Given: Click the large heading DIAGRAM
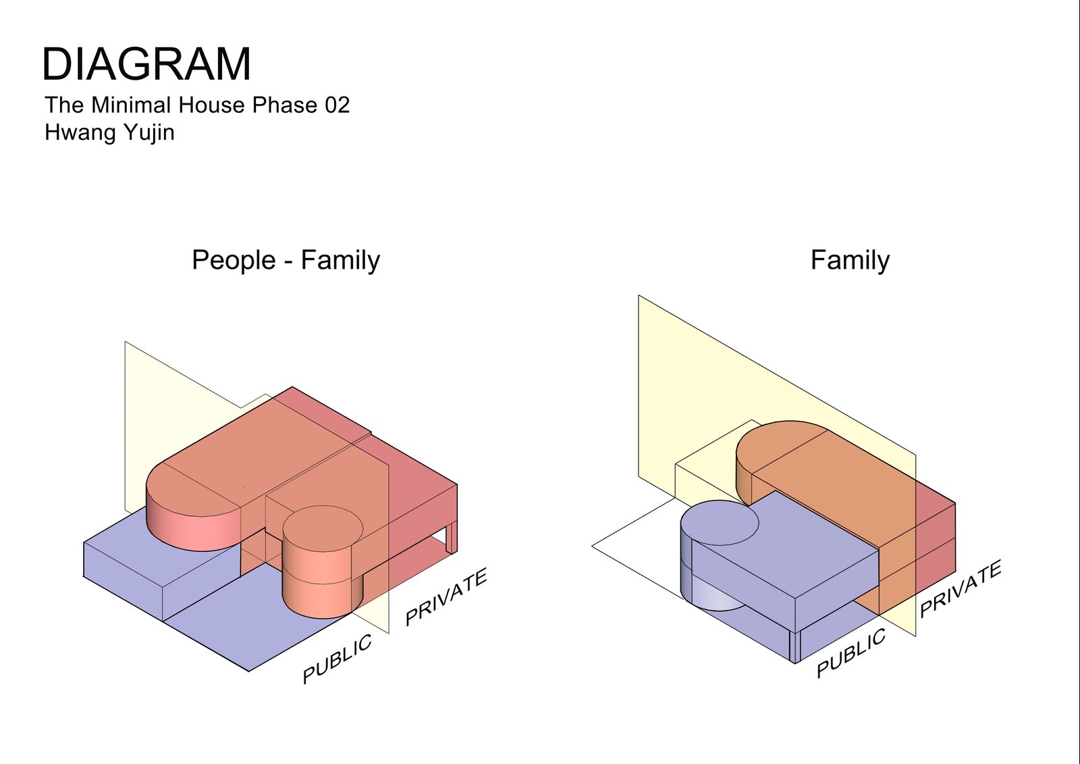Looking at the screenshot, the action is [146, 63].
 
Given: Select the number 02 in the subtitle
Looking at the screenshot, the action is [337, 105].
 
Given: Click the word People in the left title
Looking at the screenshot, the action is [234, 261].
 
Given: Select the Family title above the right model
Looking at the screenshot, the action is [850, 261].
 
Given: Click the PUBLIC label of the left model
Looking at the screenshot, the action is [337, 659].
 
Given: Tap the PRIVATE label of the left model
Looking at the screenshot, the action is [446, 596].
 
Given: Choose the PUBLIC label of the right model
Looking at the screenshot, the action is [851, 653].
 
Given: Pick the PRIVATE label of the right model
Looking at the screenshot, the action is [961, 588].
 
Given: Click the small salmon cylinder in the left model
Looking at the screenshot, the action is [322, 561].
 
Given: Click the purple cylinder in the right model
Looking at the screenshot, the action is [709, 555].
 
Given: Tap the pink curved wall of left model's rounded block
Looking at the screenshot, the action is [193, 528].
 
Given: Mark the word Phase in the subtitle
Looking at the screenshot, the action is [284, 105].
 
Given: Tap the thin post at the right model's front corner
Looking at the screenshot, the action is [794, 646].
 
